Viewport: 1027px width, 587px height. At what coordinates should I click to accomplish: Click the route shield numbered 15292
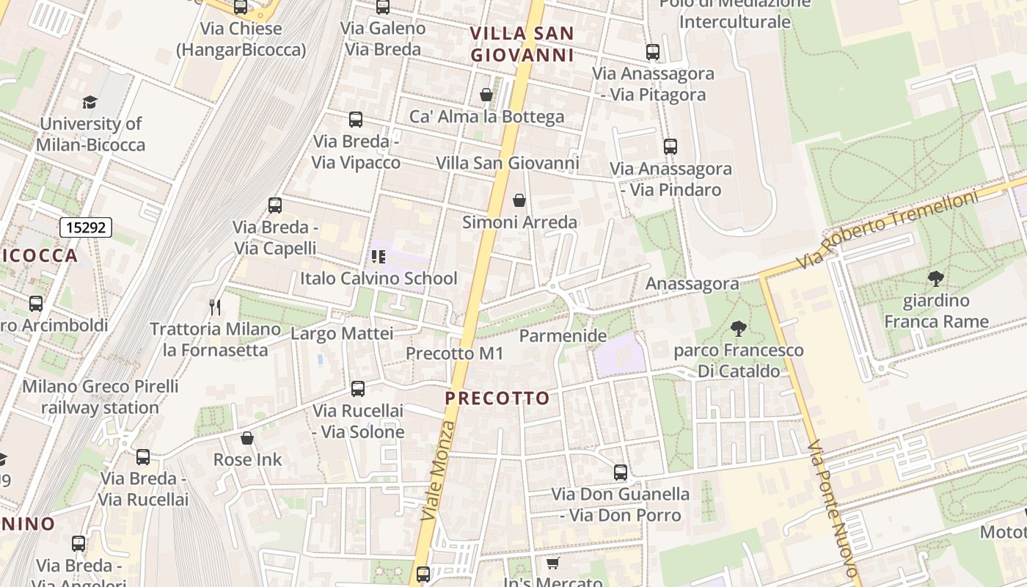(x=86, y=227)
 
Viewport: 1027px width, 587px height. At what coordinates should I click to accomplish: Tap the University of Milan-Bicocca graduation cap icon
(x=89, y=102)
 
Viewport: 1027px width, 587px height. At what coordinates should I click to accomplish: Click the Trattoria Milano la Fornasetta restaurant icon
(x=215, y=307)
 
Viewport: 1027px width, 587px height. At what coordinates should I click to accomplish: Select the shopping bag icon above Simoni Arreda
(x=519, y=200)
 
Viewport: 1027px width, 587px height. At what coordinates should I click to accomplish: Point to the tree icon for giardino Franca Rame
(x=935, y=279)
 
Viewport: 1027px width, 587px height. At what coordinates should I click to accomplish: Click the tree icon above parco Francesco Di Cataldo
(x=739, y=329)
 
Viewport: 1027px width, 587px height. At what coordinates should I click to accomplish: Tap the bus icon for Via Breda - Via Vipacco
(x=356, y=119)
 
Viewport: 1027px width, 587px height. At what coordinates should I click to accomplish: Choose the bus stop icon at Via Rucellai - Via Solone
(x=358, y=389)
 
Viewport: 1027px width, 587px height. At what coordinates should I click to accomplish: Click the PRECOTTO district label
(x=497, y=398)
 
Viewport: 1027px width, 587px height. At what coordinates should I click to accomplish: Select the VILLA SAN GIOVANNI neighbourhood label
(x=522, y=44)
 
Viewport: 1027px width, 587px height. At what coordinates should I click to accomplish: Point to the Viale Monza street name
(x=439, y=471)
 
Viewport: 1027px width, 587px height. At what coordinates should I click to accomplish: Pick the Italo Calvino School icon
(x=379, y=257)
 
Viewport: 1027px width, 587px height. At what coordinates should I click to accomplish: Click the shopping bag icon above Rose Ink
(x=247, y=438)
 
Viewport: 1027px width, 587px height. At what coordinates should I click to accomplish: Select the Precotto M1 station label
(x=455, y=354)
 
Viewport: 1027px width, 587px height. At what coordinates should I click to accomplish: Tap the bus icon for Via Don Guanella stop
(x=621, y=473)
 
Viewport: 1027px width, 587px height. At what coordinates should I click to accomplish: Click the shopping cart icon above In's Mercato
(x=552, y=563)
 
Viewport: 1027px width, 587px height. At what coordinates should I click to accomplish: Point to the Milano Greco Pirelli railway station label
(x=100, y=397)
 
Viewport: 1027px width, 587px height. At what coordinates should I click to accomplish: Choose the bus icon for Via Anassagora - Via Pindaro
(x=670, y=147)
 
